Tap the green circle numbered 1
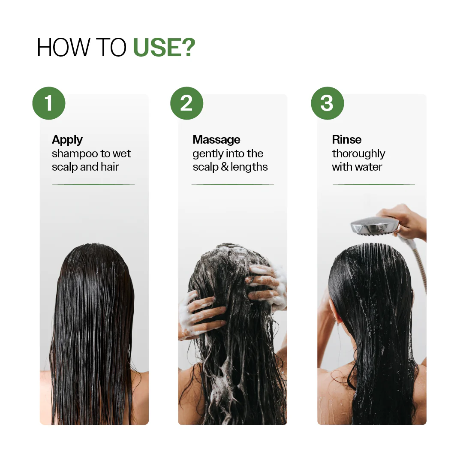(49, 103)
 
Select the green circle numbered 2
(186, 103)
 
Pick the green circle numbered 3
(327, 103)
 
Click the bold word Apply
(67, 140)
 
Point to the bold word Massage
(216, 140)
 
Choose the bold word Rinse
(347, 140)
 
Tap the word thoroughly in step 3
(358, 154)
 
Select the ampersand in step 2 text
(225, 167)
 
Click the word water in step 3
(368, 167)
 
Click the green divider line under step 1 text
(93, 185)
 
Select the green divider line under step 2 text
(232, 185)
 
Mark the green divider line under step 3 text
(373, 185)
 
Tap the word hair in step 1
(110, 167)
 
